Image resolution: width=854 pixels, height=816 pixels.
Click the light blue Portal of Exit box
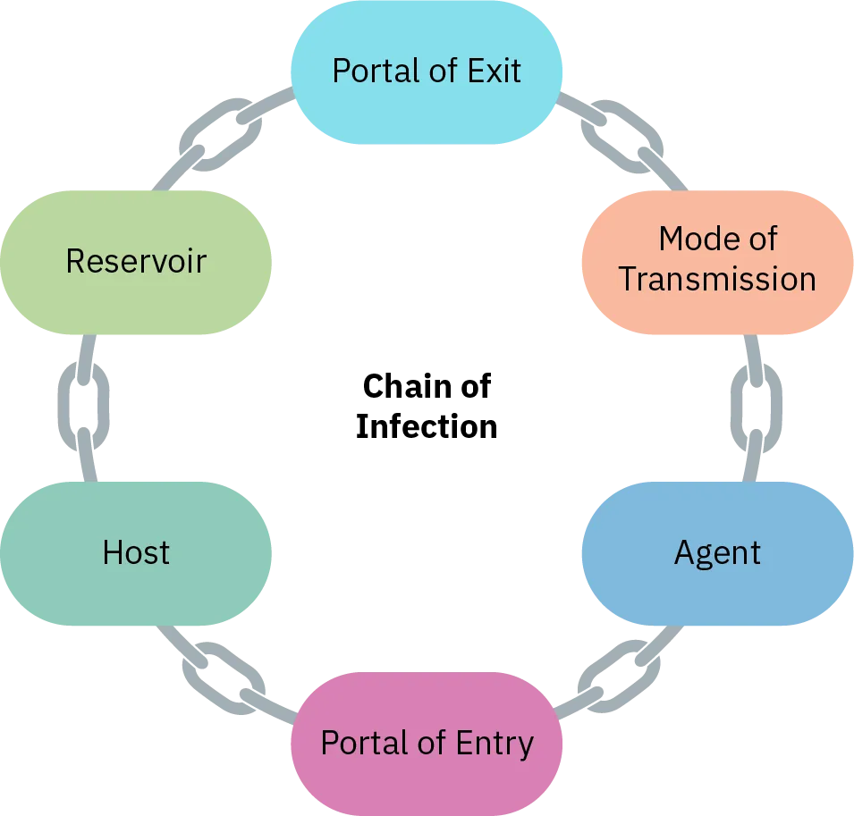click(x=427, y=72)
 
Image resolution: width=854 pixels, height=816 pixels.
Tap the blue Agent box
click(x=717, y=553)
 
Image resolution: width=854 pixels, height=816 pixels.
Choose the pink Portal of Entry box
click(x=427, y=744)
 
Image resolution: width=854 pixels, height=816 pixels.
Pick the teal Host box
click(x=136, y=553)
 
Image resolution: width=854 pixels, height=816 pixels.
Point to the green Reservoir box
click(x=136, y=262)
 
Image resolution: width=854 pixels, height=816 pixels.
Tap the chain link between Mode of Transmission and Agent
click(x=757, y=407)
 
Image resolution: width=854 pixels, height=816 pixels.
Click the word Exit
click(x=494, y=71)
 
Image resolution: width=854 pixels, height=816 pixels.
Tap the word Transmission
click(x=717, y=279)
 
